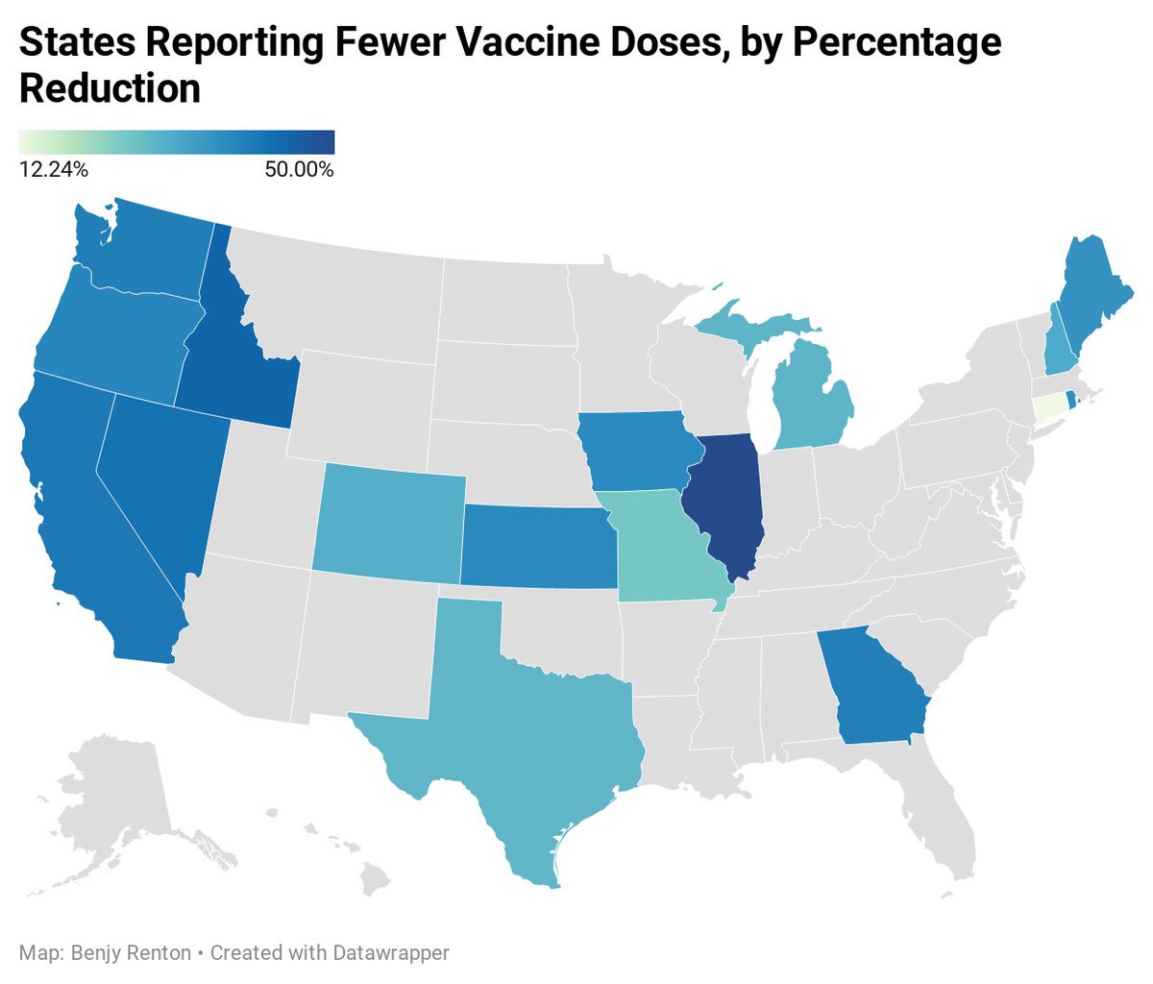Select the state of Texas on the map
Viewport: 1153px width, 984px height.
click(x=519, y=730)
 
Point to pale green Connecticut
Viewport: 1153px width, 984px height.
click(x=1047, y=409)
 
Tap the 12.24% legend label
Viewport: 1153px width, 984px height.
click(x=53, y=170)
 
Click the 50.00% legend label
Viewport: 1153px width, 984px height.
click(x=300, y=170)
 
